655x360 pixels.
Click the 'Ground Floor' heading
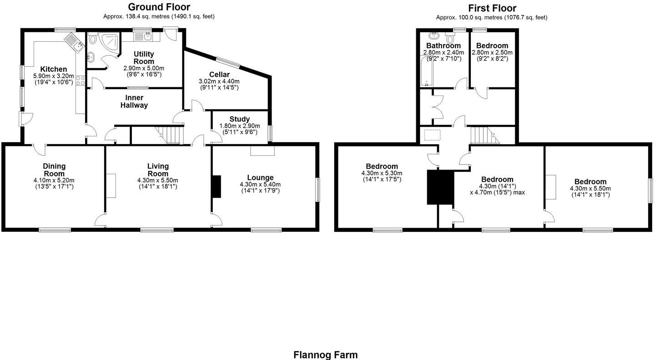click(x=159, y=7)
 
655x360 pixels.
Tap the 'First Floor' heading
click(x=492, y=8)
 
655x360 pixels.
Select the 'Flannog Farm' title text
click(x=325, y=355)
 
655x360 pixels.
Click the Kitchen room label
click(x=53, y=69)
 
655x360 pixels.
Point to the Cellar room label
click(x=219, y=75)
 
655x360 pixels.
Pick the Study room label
click(x=239, y=119)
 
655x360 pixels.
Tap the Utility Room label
click(x=144, y=58)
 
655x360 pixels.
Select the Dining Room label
click(x=54, y=170)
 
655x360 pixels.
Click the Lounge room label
click(x=260, y=177)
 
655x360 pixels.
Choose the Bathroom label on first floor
click(x=443, y=45)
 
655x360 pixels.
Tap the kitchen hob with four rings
click(x=80, y=80)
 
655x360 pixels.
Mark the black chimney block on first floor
click(x=440, y=187)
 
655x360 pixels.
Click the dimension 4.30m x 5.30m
click(x=382, y=173)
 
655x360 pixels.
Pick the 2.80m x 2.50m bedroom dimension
click(x=492, y=52)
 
